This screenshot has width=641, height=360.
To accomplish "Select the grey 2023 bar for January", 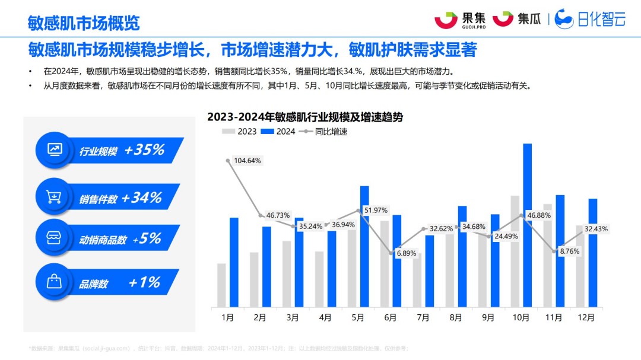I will click(x=221, y=285).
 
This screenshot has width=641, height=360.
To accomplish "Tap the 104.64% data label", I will click(x=247, y=161).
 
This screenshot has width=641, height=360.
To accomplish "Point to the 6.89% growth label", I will click(x=407, y=253).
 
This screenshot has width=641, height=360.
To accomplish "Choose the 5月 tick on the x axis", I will click(x=358, y=318).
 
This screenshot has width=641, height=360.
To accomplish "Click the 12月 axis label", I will click(x=586, y=318).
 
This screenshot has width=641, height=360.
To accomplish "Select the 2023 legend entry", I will click(x=240, y=132).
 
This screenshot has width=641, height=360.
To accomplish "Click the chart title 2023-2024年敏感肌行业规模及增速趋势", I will click(x=304, y=117).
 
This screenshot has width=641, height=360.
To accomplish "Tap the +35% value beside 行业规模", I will click(x=144, y=150).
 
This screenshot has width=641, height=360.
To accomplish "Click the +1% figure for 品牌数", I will click(x=144, y=282).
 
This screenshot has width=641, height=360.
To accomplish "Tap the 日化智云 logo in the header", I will click(x=591, y=19).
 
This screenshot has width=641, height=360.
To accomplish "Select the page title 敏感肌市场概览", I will click(x=84, y=23).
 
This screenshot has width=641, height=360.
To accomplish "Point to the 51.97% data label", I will click(x=376, y=211).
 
